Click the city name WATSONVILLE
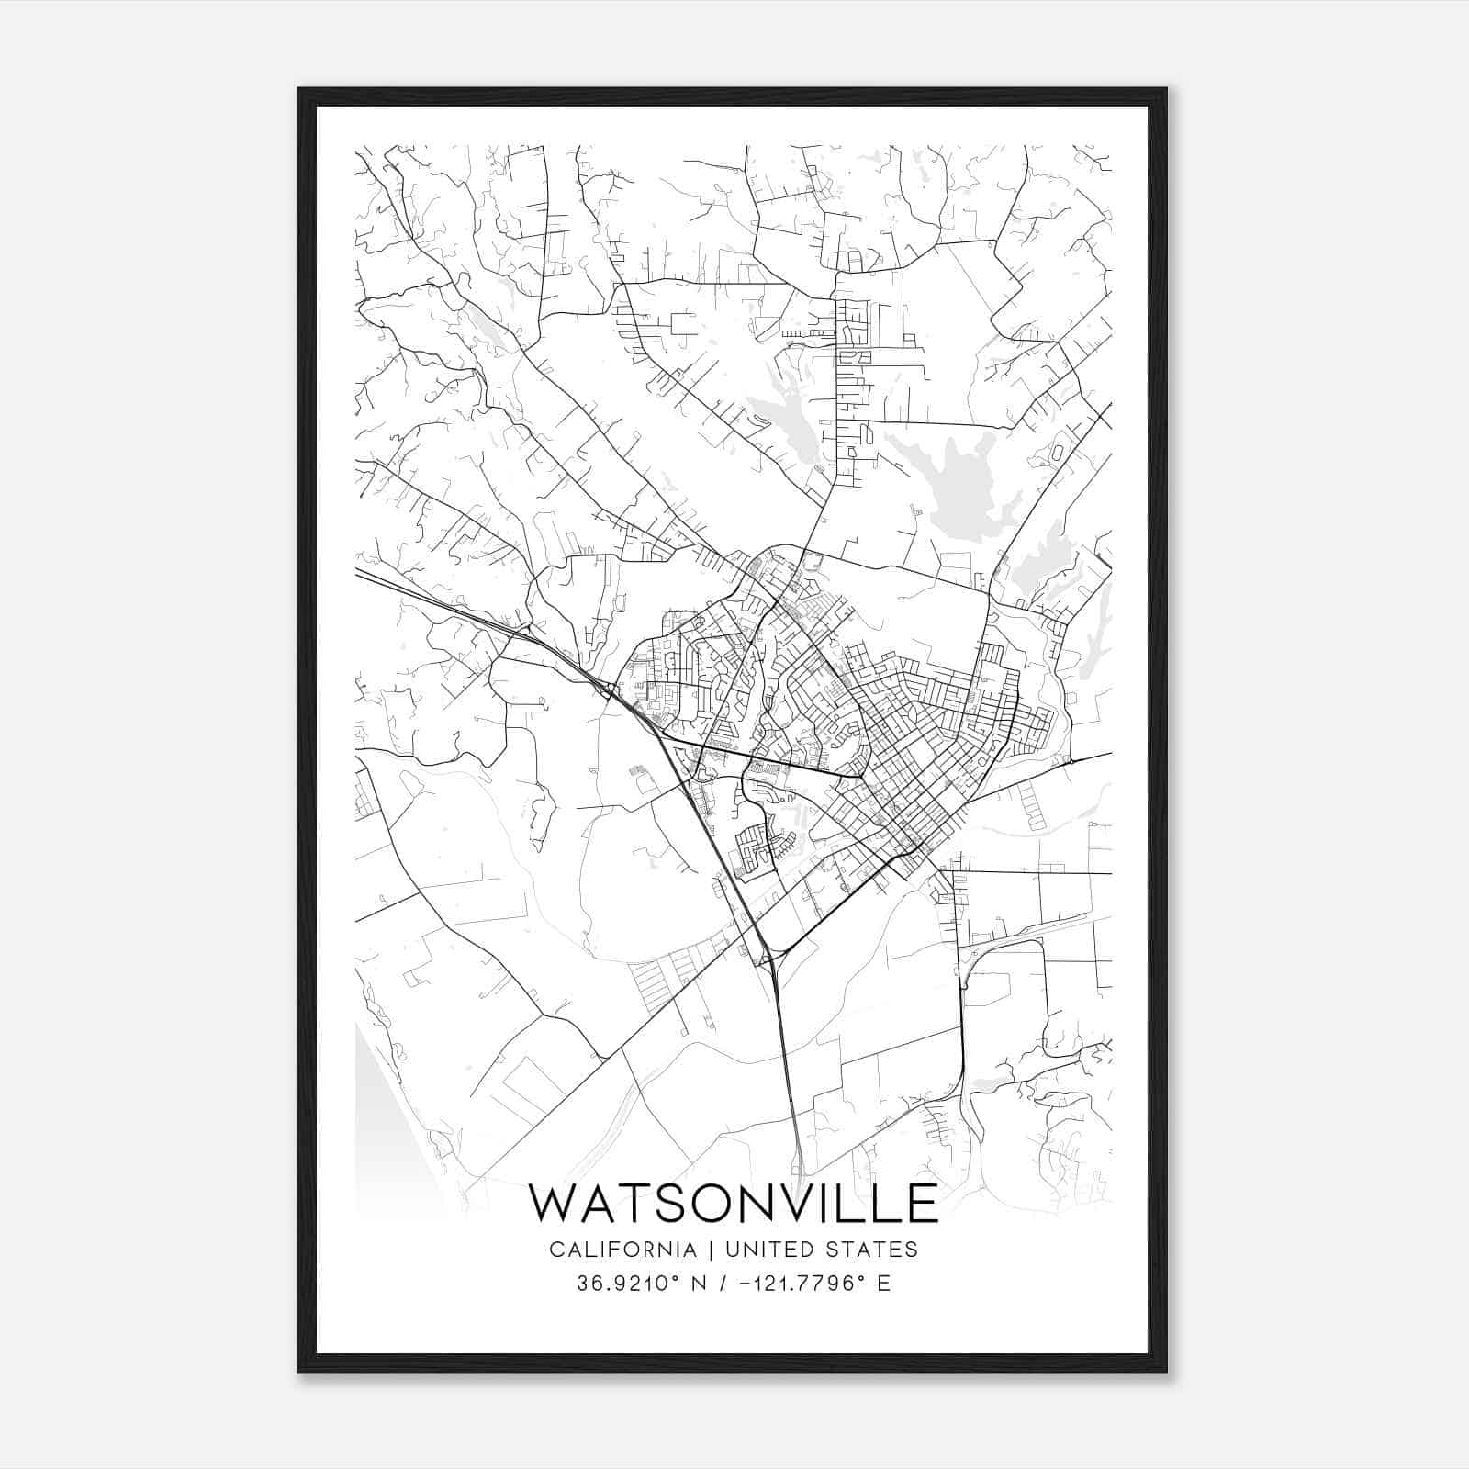(734, 1203)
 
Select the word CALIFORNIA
(622, 1250)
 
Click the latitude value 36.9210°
(624, 1284)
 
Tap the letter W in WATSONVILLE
(556, 1203)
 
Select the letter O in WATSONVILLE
(702, 1203)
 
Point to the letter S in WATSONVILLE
(659, 1203)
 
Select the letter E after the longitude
(883, 1284)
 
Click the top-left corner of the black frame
(299, 89)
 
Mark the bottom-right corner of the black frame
(1166, 1371)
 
